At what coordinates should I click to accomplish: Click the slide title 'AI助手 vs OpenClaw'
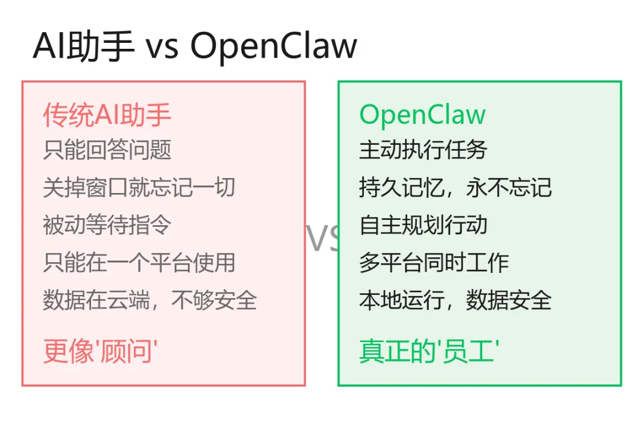tap(195, 46)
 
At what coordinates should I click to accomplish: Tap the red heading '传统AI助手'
tap(107, 114)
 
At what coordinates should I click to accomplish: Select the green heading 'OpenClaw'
tap(422, 114)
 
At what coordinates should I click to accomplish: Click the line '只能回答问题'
tap(107, 150)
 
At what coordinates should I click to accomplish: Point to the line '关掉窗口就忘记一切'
tap(139, 187)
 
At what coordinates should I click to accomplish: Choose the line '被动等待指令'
tap(107, 225)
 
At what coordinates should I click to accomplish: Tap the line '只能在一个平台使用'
tap(139, 262)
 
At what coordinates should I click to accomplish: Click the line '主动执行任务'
tap(423, 150)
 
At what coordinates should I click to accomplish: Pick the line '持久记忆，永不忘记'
tap(455, 187)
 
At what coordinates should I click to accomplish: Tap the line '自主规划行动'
tap(423, 225)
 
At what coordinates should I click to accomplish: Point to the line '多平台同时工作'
tap(434, 262)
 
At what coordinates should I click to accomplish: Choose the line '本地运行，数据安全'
tap(455, 300)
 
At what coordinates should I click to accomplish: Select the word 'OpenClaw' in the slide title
tap(274, 46)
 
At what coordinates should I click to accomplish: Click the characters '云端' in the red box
tap(128, 300)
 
